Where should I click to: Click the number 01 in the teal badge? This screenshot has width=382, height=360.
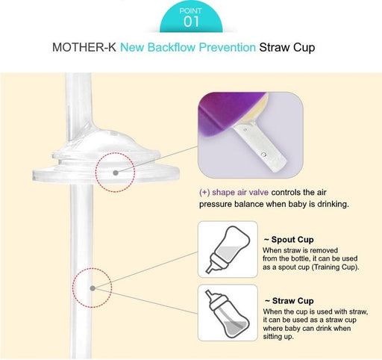tap(191, 22)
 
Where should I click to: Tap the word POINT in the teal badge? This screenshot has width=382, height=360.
tap(190, 10)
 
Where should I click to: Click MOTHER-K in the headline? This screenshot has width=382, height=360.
tap(84, 47)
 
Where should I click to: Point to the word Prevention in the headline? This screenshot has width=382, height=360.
tap(228, 47)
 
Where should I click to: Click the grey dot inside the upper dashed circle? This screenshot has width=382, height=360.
tap(116, 173)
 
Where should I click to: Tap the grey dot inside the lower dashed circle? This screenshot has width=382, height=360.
tap(93, 288)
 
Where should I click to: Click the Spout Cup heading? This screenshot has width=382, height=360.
tap(289, 240)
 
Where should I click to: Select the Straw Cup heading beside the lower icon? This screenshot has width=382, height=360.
tap(289, 301)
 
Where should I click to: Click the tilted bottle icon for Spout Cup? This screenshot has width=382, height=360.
tap(228, 249)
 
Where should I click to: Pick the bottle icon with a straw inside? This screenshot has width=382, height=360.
tap(227, 313)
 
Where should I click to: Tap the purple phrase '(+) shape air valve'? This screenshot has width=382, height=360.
tap(234, 193)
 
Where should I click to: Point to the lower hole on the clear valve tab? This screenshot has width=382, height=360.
tap(264, 155)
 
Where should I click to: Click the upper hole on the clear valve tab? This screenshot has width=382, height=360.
tap(245, 130)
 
